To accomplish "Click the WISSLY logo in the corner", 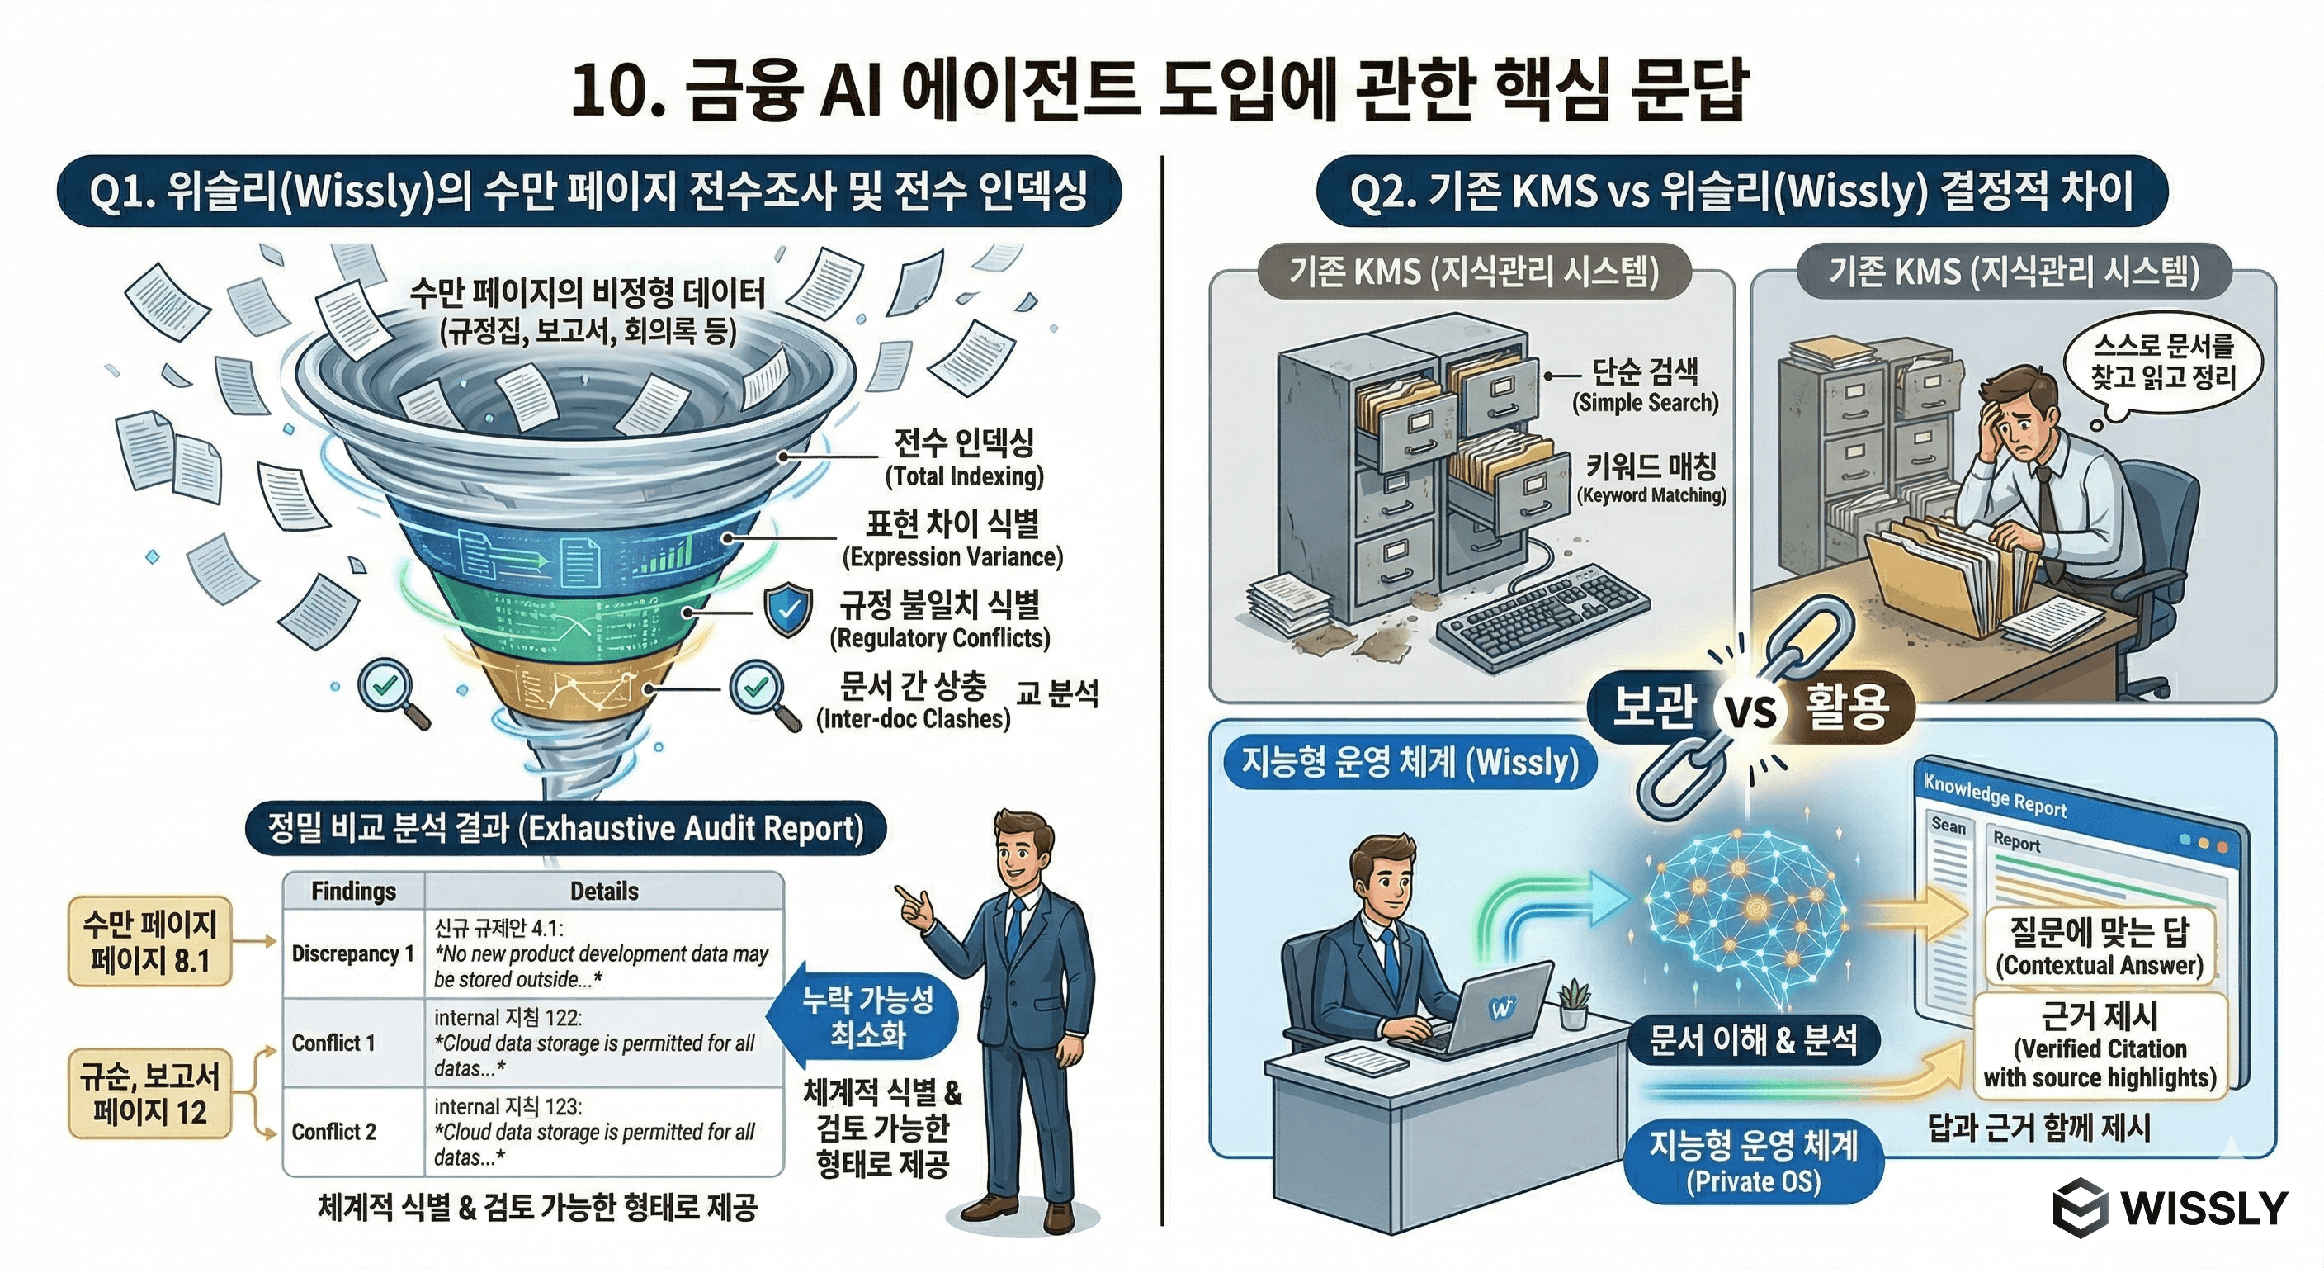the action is [2169, 1208].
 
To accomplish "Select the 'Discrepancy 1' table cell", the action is [352, 954].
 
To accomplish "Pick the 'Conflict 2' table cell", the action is [333, 1132].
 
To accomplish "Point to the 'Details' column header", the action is [603, 892].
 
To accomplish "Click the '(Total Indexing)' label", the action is [964, 476].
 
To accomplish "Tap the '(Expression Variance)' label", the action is [952, 557].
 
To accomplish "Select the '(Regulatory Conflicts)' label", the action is [939, 638].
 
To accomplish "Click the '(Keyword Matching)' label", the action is [1651, 495].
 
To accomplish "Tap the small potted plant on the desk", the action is [1573, 1004].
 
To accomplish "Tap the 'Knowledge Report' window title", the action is [1994, 796].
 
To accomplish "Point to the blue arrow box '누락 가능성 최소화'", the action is [866, 1016].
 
